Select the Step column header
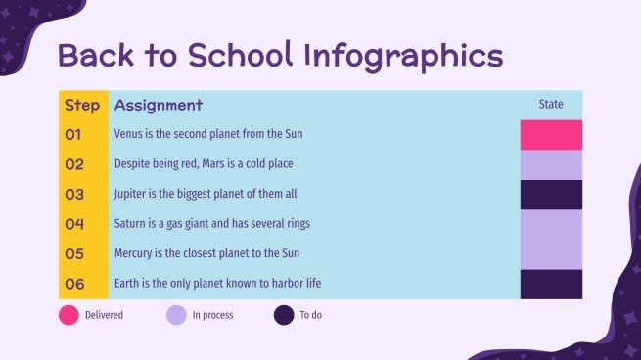tap(81, 105)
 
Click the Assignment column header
tap(158, 105)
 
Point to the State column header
tap(551, 105)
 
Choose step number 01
tap(74, 134)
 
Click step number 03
tap(74, 194)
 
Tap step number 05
tap(74, 253)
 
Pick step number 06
tap(74, 284)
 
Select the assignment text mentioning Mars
tap(203, 164)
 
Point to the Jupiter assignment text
tap(205, 194)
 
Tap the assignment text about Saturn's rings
tap(211, 224)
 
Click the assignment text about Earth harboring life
tap(217, 284)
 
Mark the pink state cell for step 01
tap(551, 134)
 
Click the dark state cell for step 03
tap(551, 194)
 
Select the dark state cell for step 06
tap(551, 284)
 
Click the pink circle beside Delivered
tap(69, 315)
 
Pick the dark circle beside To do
tap(284, 315)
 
